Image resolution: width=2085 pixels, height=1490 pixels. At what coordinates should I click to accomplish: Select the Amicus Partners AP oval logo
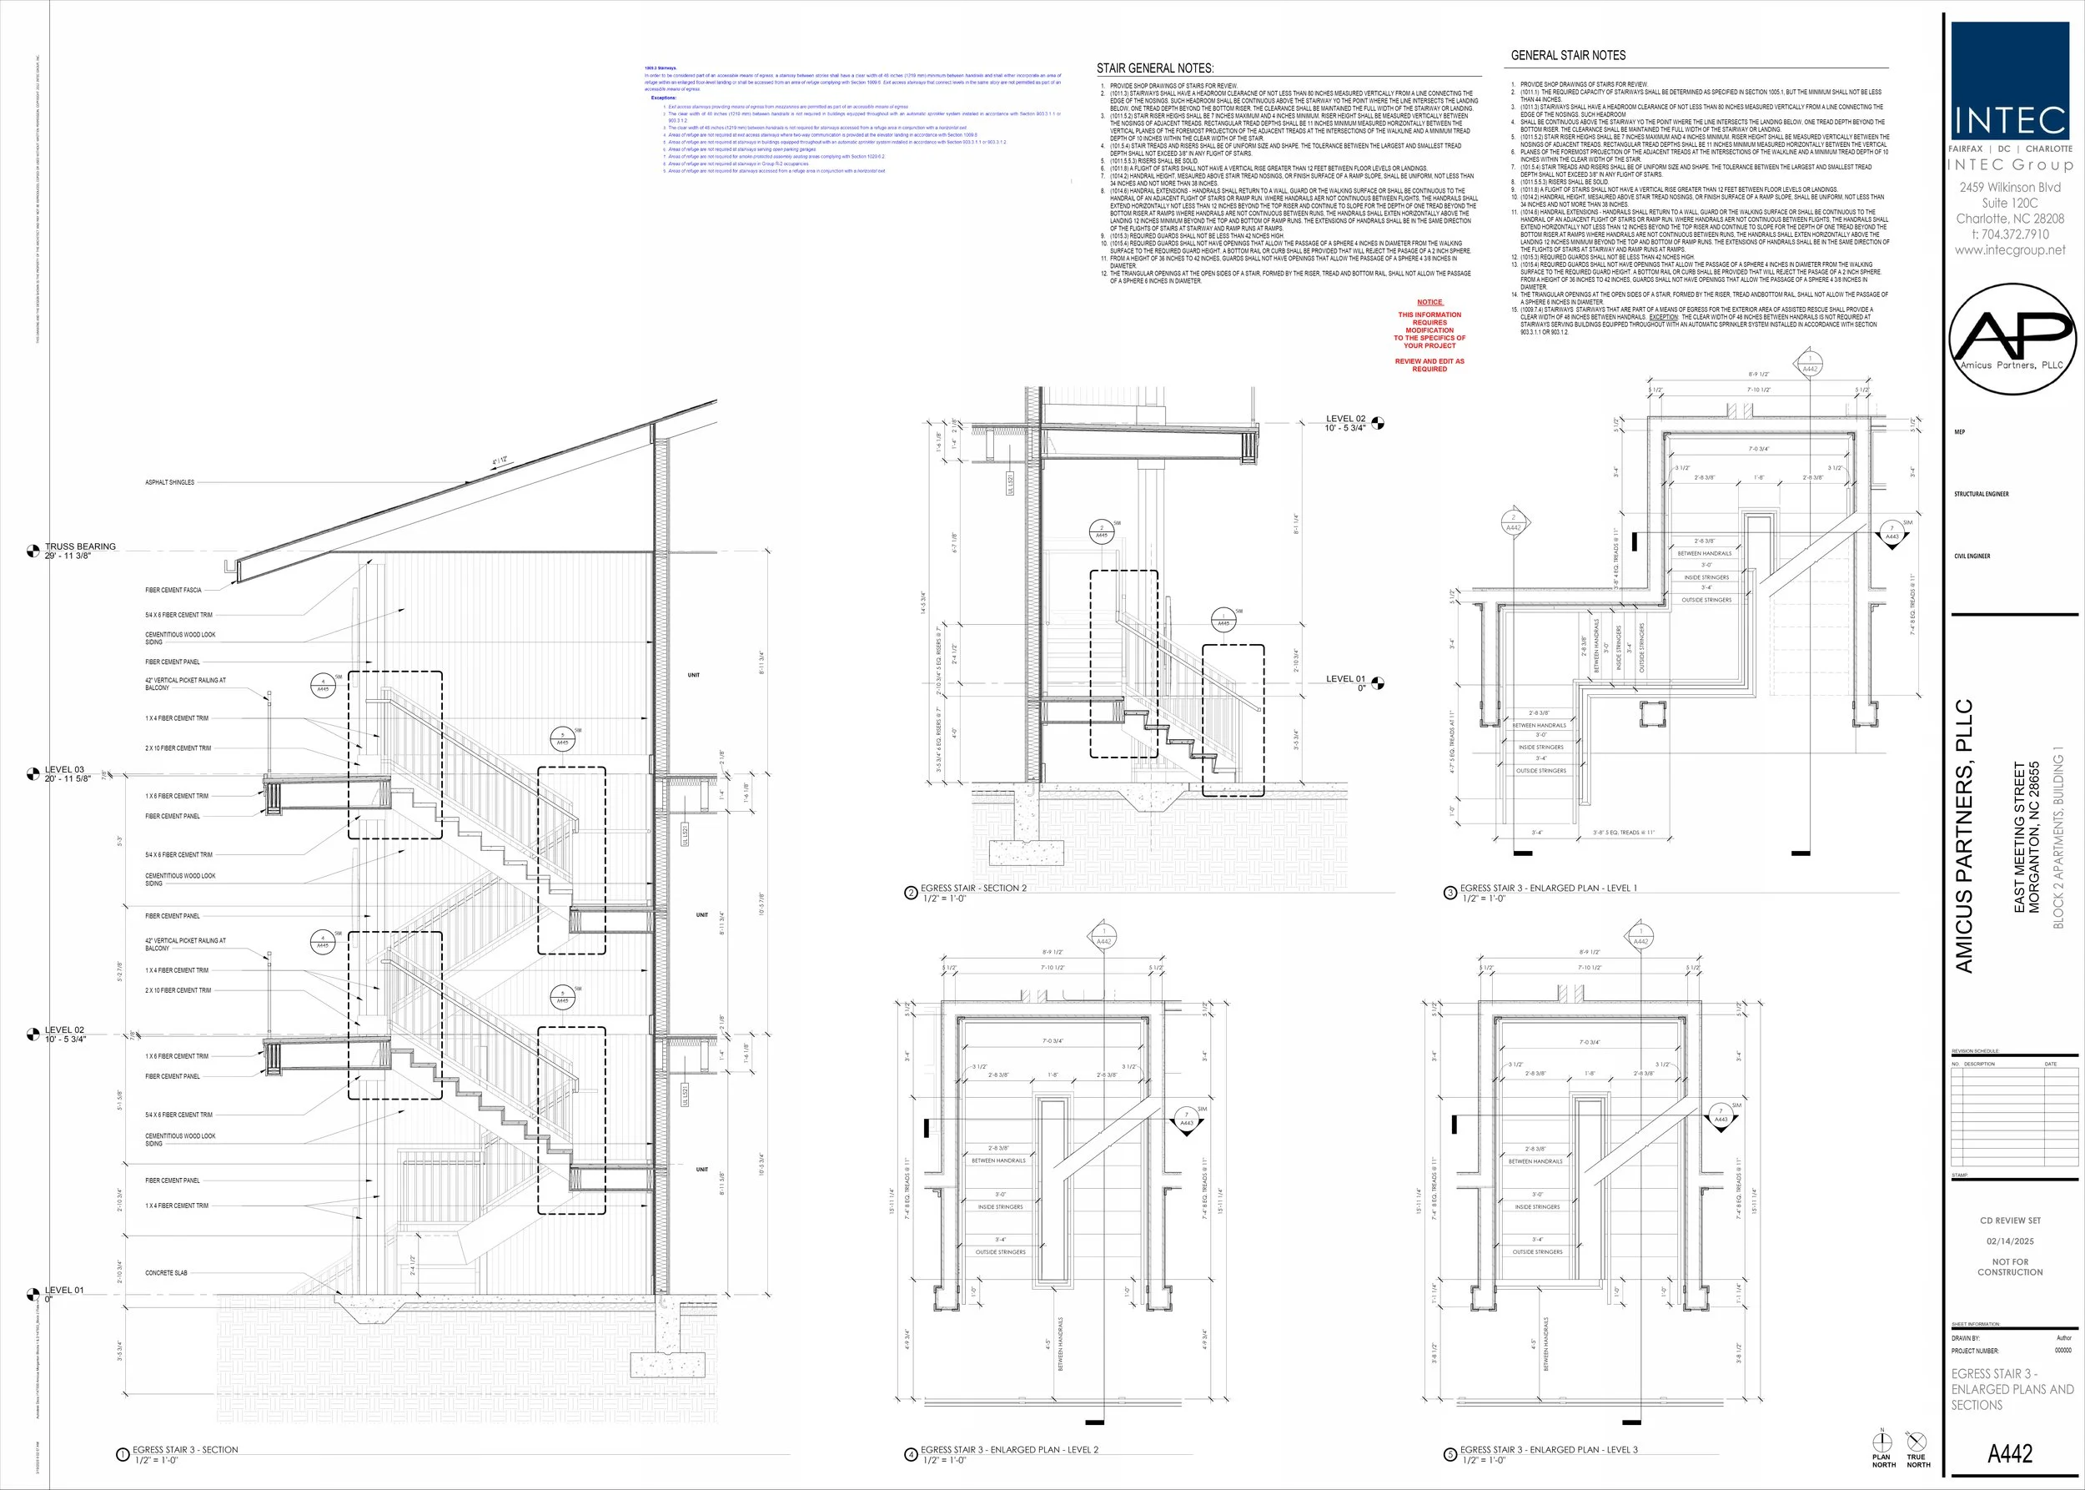click(x=2011, y=339)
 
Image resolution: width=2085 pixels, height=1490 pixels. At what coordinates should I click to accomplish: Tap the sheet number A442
click(x=2010, y=1453)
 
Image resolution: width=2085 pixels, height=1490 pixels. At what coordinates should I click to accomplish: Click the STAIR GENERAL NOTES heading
click(x=1155, y=68)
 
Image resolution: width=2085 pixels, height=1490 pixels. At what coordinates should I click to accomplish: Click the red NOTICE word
click(x=1429, y=302)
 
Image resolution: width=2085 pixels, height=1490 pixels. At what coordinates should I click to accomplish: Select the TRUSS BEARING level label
click(x=81, y=546)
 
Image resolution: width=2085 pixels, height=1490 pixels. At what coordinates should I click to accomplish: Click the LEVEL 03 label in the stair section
click(x=64, y=770)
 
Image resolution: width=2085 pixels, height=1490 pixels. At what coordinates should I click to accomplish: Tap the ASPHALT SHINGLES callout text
click(x=169, y=482)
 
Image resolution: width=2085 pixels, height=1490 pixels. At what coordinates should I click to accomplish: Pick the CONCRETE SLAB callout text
click(x=166, y=1272)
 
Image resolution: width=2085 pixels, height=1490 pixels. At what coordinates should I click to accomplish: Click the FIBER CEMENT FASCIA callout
click(x=173, y=590)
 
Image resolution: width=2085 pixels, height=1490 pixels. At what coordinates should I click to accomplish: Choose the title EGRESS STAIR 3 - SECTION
click(x=185, y=1450)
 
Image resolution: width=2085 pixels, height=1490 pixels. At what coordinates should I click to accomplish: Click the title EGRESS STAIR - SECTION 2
click(x=973, y=888)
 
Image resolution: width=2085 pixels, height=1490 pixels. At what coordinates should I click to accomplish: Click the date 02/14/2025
click(x=2010, y=1241)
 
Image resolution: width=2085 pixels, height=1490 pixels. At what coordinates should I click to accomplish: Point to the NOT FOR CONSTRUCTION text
click(x=2010, y=1267)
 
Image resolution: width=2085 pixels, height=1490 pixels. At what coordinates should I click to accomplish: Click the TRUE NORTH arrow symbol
click(x=1917, y=1442)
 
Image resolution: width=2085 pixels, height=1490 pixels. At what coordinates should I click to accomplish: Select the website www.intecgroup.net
click(x=2010, y=249)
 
